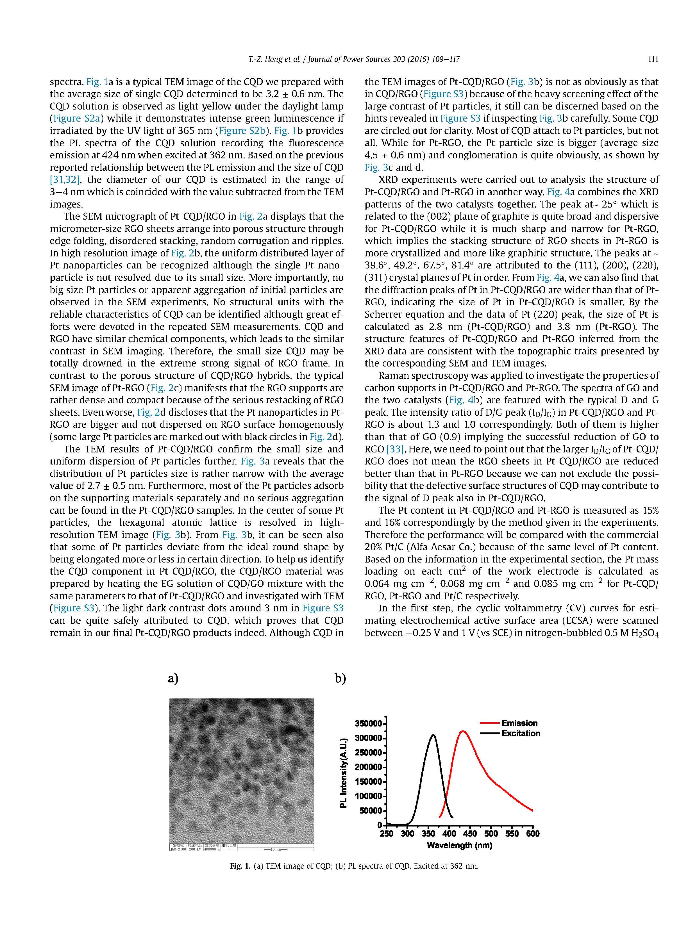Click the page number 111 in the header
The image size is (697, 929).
pos(652,59)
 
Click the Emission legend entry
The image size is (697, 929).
pos(519,723)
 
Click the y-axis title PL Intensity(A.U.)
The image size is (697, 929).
pos(344,773)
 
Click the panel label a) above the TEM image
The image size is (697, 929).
pos(173,679)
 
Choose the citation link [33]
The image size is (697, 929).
pos(395,449)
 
